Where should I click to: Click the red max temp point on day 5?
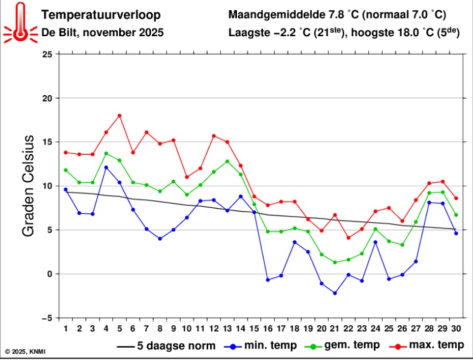tap(119, 115)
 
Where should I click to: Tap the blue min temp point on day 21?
tap(334, 293)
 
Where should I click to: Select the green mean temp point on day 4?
tap(106, 153)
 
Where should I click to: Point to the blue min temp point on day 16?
tap(268, 280)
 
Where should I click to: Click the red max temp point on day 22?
tap(348, 238)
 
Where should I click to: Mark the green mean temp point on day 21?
tap(334, 262)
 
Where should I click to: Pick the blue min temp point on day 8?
tap(160, 239)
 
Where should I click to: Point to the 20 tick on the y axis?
tap(47, 98)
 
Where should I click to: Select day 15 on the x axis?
tap(254, 327)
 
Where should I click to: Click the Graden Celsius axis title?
tap(28, 186)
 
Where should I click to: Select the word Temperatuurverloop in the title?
tap(101, 15)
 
